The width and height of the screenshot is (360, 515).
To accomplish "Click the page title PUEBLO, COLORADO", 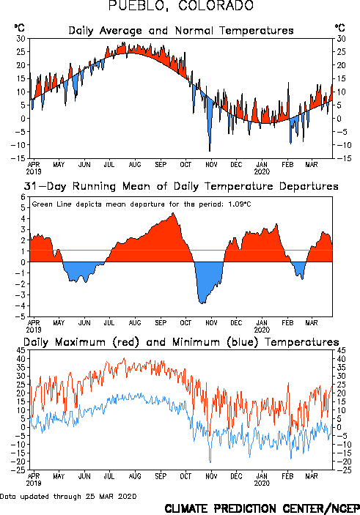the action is pyautogui.click(x=181, y=6).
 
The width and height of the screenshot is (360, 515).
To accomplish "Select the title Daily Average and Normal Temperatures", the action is pyautogui.click(x=181, y=31).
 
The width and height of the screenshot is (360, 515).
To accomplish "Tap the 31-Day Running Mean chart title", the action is pyautogui.click(x=181, y=187).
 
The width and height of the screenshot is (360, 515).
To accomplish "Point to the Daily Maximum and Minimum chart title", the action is pyautogui.click(x=181, y=342).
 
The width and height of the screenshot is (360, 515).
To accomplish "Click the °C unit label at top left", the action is pyautogui.click(x=19, y=28).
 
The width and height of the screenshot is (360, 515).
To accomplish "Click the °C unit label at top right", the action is pyautogui.click(x=340, y=28).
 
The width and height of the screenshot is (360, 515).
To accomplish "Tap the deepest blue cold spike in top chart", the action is pyautogui.click(x=210, y=150).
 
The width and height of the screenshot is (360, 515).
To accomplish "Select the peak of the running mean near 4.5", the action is pyautogui.click(x=173, y=213).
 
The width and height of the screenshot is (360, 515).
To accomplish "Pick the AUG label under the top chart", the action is pyautogui.click(x=135, y=164).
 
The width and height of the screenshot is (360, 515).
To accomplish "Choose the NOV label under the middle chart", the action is pyautogui.click(x=211, y=323).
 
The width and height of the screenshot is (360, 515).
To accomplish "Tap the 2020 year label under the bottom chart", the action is pyautogui.click(x=262, y=483).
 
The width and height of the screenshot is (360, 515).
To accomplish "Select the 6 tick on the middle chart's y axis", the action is pyautogui.click(x=23, y=197).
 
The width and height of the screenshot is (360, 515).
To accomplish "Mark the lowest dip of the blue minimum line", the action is pyautogui.click(x=210, y=462).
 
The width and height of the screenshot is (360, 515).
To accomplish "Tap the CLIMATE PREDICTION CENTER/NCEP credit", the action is pyautogui.click(x=262, y=508).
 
